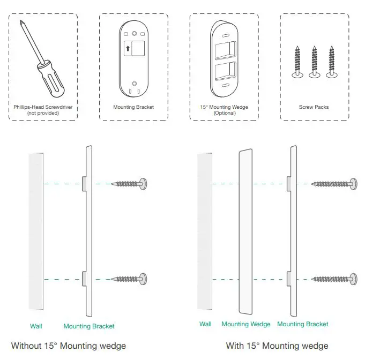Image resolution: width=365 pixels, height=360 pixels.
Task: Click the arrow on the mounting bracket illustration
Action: coord(128,48)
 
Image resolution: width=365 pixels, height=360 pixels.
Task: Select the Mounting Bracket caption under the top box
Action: coord(133,107)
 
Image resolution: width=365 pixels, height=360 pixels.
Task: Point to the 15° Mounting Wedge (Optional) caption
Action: coord(224,110)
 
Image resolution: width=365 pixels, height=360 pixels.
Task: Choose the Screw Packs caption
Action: coord(314,107)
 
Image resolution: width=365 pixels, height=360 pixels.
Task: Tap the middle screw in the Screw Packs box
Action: coord(314,62)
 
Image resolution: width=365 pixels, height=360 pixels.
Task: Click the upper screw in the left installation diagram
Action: coord(129,184)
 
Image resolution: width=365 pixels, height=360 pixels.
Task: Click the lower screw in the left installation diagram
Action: coord(129,279)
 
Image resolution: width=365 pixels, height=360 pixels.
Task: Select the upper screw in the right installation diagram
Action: coord(334,184)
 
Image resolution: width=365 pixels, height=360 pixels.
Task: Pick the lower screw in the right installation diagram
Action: coord(334,279)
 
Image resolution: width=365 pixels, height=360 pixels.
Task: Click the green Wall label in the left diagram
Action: coord(35,326)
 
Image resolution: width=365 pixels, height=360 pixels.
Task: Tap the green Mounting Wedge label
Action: coord(246,324)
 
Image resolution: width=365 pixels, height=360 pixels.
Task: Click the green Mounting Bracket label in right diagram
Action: coord(302,324)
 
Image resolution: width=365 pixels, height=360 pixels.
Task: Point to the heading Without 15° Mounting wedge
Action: coord(69,346)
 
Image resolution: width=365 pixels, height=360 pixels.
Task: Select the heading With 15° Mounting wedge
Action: coord(277,346)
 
